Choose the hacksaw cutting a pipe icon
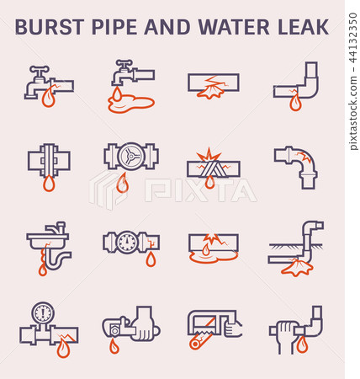(211, 328)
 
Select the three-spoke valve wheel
(130, 156)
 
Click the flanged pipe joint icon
(48, 159)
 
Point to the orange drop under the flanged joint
(49, 183)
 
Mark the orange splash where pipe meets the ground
(295, 268)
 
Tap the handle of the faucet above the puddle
(123, 64)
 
